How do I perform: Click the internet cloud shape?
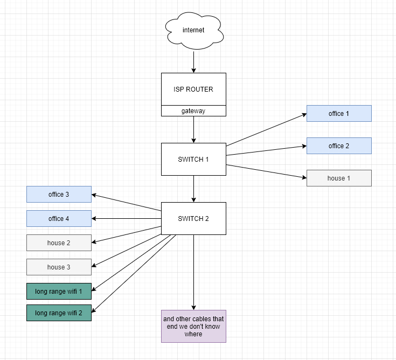coord(193,30)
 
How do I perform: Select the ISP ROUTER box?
coord(193,89)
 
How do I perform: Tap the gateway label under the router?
coord(193,110)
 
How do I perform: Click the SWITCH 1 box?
coord(193,159)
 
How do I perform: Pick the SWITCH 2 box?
coord(193,218)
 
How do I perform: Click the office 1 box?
coord(339,113)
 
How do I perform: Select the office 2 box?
coord(339,146)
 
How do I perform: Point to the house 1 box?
coord(339,178)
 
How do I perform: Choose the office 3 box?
coord(59,194)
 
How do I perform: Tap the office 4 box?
coord(59,218)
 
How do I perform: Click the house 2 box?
coord(59,243)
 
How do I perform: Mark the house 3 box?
coord(59,267)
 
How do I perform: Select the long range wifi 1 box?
coord(59,291)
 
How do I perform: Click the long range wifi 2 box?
coord(59,313)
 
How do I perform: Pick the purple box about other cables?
coord(193,326)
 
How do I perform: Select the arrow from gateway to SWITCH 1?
coord(193,129)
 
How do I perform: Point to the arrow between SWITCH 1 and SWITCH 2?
coord(193,189)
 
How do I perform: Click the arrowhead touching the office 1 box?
coord(304,114)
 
